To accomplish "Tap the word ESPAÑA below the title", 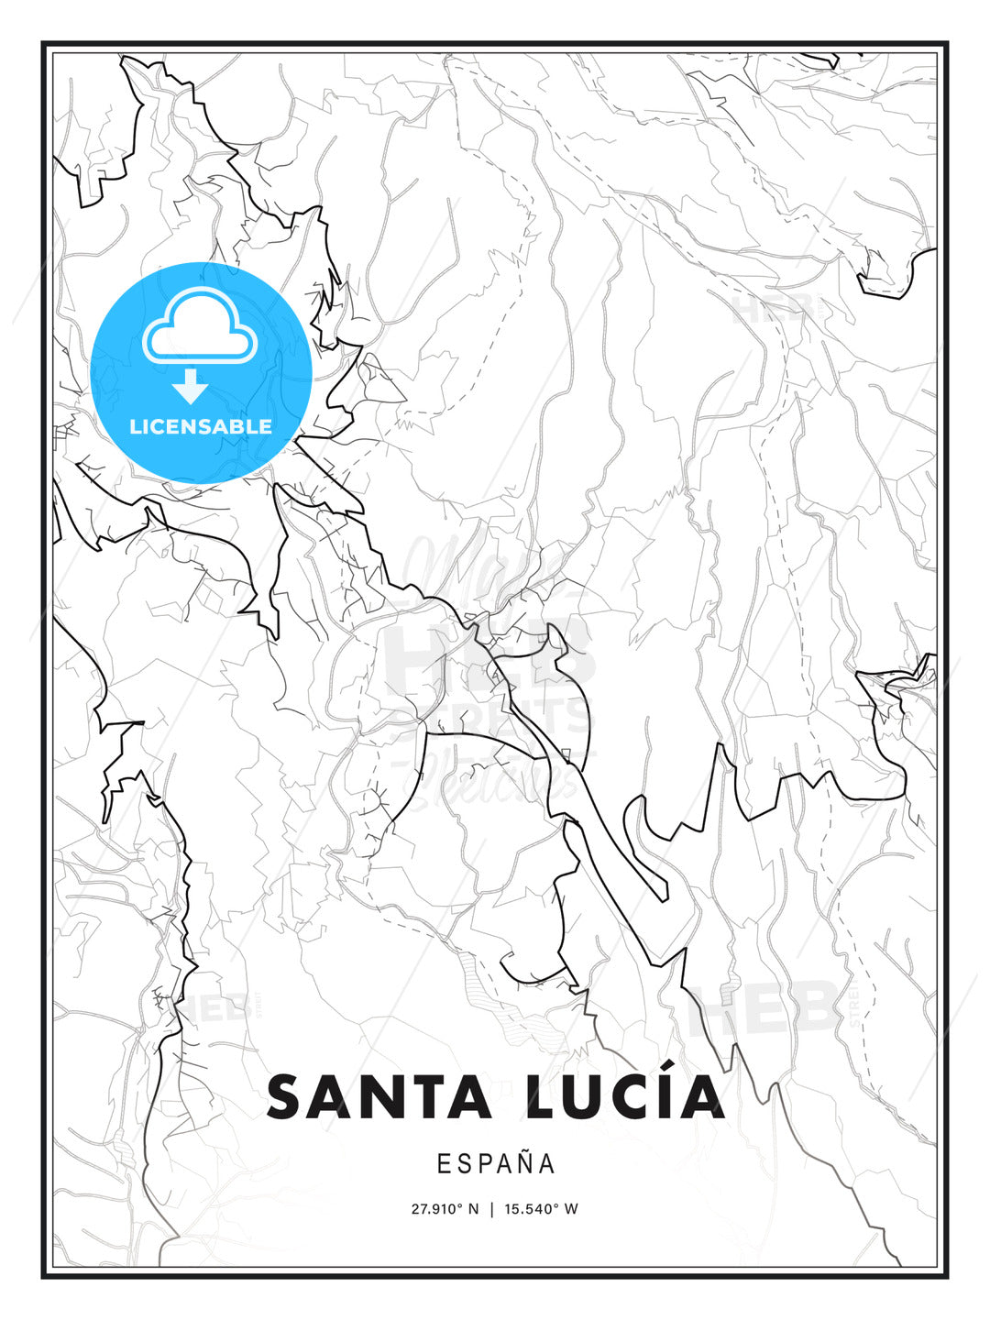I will (496, 1163).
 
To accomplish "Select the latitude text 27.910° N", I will (445, 1209).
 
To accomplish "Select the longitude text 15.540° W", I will (540, 1209).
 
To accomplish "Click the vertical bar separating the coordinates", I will (492, 1209).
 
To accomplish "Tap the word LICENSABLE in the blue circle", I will (201, 426).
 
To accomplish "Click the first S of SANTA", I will (285, 1097).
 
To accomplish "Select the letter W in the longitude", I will (571, 1209).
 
